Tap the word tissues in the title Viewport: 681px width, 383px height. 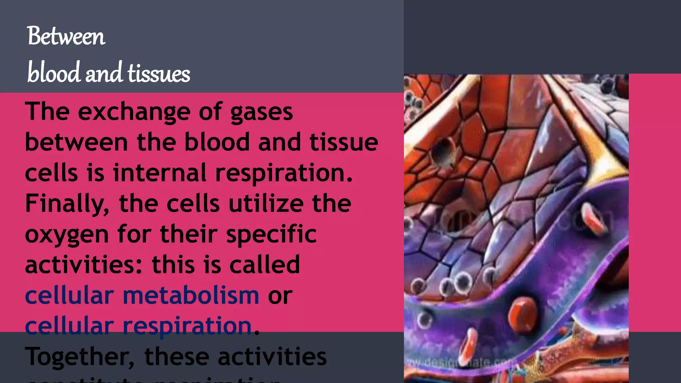tap(159, 73)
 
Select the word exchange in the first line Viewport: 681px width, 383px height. tap(134, 112)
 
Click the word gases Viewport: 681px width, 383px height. tap(261, 112)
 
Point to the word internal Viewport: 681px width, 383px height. tap(160, 173)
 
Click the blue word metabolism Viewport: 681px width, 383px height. tap(191, 295)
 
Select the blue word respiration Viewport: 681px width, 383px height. tap(187, 326)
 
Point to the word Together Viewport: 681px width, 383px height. tap(80, 357)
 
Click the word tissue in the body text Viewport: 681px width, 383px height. tap(344, 142)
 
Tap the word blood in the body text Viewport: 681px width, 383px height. tap(217, 142)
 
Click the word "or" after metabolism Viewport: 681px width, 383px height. tap(280, 296)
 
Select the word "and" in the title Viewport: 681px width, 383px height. tap(103, 73)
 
